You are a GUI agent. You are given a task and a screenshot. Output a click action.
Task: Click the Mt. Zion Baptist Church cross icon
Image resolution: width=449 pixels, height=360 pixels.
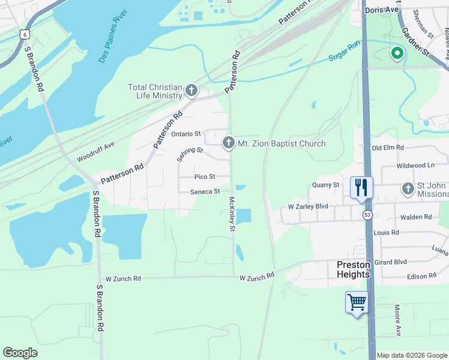(x=228, y=143)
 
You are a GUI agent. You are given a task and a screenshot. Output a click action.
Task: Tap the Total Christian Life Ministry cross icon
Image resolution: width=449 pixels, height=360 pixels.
(x=191, y=91)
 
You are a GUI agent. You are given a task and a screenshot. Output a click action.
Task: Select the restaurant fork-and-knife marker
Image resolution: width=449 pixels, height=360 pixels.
(x=360, y=187)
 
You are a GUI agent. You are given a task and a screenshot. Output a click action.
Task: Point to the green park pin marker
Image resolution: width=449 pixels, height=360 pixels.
(x=397, y=55)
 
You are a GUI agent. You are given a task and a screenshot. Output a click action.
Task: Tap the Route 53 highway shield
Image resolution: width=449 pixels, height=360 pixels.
(x=366, y=214)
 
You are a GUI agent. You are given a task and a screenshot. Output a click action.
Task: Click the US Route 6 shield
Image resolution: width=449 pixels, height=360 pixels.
(x=24, y=34)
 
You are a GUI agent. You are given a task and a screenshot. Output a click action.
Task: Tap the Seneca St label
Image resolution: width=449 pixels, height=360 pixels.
(x=205, y=192)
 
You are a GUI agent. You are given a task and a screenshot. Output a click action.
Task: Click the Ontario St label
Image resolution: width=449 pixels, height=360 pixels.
(x=185, y=134)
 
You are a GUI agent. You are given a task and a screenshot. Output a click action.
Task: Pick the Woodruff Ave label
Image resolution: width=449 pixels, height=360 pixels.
(x=95, y=153)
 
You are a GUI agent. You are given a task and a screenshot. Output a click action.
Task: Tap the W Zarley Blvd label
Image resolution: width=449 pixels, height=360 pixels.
(x=308, y=206)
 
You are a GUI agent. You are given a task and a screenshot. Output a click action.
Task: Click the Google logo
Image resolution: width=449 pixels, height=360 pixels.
(x=20, y=353)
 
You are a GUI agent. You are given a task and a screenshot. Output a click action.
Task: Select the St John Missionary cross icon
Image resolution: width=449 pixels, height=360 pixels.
(x=408, y=189)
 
